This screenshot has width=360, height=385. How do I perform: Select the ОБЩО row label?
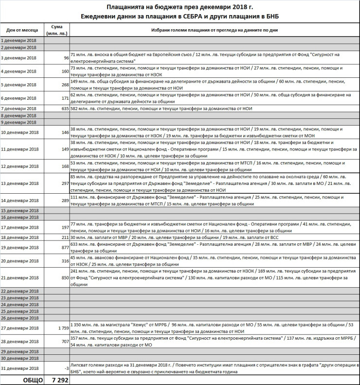point(32,379)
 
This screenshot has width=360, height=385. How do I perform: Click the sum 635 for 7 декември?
point(64,108)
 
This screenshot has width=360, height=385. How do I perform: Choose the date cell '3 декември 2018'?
point(18,58)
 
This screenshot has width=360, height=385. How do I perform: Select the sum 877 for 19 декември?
point(64,247)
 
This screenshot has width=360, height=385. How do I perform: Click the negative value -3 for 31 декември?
point(66,368)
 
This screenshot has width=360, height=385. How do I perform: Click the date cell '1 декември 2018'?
point(18,41)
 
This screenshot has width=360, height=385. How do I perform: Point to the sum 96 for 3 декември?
point(66,58)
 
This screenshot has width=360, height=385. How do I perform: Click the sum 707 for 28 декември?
point(64,342)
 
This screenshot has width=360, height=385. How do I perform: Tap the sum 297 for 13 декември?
point(64,183)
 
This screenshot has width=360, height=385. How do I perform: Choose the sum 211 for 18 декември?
point(64,237)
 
